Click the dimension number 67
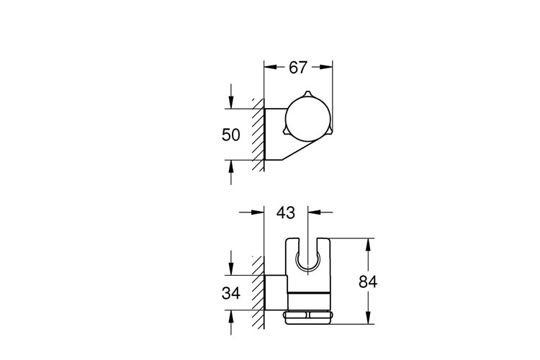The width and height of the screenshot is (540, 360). point(297,67)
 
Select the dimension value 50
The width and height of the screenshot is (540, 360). point(230,135)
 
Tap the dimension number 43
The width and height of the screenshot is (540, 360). point(286,212)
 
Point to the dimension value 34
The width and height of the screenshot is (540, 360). point(230,293)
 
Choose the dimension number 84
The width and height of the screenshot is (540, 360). point(368,282)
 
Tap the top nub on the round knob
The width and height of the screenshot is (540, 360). point(307,95)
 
